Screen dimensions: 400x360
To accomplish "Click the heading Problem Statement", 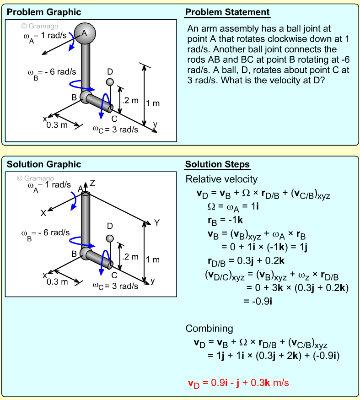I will click(x=227, y=12).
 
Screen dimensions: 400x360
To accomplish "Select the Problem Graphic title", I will click(x=44, y=12).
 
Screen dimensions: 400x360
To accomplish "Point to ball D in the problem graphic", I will click(x=110, y=82).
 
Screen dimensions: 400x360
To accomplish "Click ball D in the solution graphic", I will click(x=110, y=238).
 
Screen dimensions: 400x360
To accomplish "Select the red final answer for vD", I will click(x=238, y=383).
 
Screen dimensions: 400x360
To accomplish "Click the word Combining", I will click(x=209, y=329).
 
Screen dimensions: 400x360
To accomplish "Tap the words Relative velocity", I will click(x=221, y=179).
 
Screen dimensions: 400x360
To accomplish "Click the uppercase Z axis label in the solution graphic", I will click(x=92, y=183).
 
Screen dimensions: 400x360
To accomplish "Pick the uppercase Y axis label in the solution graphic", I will click(x=156, y=222).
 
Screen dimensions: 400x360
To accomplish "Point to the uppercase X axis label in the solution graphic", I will click(x=43, y=213).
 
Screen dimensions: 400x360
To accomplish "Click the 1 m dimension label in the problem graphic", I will click(x=153, y=103).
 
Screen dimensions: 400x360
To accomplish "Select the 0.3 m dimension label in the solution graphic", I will click(x=57, y=281).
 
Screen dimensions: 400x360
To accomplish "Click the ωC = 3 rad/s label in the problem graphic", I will click(x=115, y=130).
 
